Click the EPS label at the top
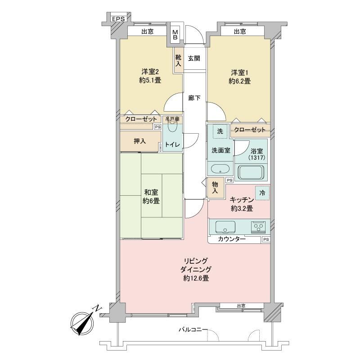point(118,19)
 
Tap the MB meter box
point(175,35)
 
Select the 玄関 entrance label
point(194,58)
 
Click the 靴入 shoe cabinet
point(178,60)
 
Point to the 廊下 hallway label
point(194,98)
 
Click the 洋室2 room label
point(150,72)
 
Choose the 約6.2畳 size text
point(239,81)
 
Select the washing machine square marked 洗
point(220,131)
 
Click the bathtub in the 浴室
point(252,172)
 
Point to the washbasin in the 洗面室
point(220,169)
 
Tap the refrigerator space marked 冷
point(262,193)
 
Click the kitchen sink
point(225,227)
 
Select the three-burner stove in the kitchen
point(258,227)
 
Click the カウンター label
point(232,239)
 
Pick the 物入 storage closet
point(215,188)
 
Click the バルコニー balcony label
point(193,330)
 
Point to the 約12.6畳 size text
point(196,278)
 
